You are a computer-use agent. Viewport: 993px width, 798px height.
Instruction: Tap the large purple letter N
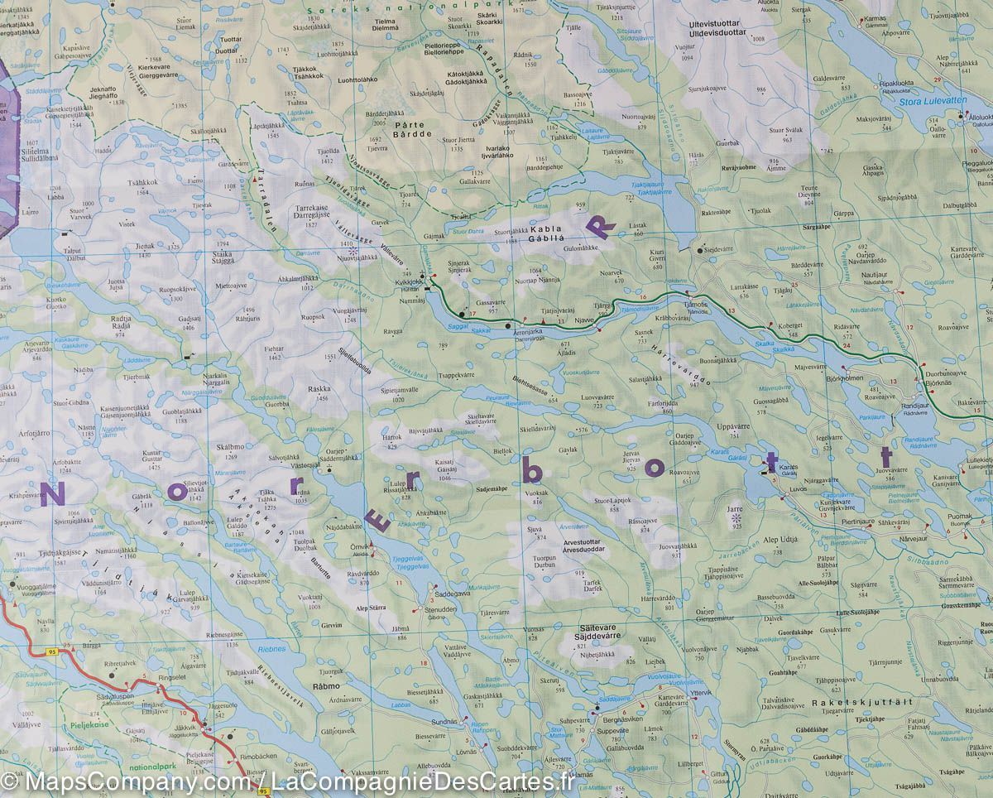pyautogui.click(x=51, y=494)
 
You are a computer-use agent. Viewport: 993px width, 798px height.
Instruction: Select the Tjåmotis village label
pyautogui.click(x=696, y=305)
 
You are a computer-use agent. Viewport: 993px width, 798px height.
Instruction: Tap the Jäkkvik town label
pyautogui.click(x=188, y=727)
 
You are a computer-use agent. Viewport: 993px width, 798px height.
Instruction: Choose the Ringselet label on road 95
pyautogui.click(x=171, y=676)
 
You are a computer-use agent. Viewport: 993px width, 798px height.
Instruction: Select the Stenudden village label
pyautogui.click(x=439, y=610)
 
